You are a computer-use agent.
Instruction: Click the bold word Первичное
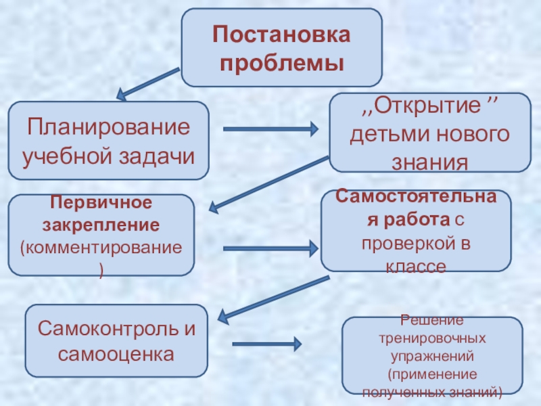pos(101,203)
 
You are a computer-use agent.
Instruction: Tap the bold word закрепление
pos(101,223)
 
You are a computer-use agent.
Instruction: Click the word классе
pos(415,267)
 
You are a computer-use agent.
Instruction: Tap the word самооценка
pos(116,354)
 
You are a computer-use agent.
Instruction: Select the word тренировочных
pos(432,337)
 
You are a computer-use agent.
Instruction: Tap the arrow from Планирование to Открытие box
pos(270,128)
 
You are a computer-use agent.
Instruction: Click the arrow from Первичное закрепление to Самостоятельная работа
pos(270,248)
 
